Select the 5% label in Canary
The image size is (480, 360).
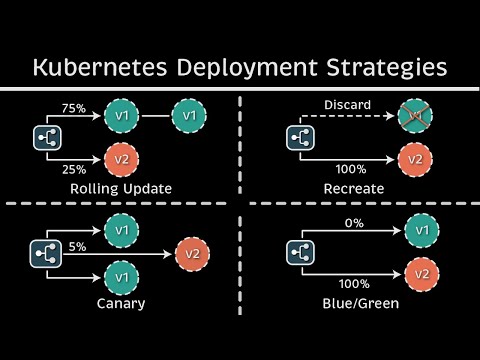77,244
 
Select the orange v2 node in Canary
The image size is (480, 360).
193,253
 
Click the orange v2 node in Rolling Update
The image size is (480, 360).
121,157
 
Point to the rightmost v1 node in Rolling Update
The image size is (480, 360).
189,117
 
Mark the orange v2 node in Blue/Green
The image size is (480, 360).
420,273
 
